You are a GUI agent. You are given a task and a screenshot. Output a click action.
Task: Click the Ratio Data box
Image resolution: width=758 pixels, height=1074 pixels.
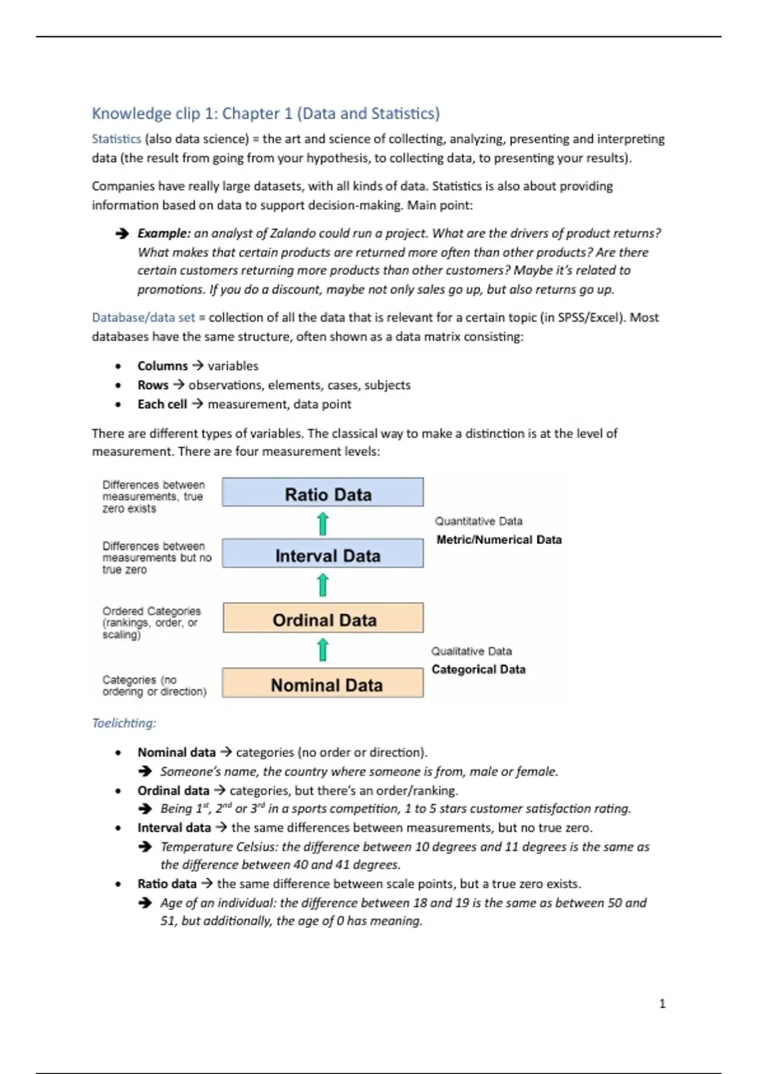[323, 493]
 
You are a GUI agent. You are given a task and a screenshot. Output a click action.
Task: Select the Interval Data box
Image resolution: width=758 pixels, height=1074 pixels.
[323, 554]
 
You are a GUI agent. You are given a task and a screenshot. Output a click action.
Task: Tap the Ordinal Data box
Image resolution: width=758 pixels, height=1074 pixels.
[323, 618]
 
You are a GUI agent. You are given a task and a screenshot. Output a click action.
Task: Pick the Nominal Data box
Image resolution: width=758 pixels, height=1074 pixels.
[323, 684]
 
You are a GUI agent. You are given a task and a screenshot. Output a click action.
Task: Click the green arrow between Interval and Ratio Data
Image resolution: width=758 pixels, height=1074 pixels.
[323, 524]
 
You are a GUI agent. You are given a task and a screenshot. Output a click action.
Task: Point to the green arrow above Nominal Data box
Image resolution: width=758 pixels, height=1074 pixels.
[323, 649]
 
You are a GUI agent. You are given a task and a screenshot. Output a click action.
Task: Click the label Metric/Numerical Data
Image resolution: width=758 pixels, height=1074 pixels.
[499, 540]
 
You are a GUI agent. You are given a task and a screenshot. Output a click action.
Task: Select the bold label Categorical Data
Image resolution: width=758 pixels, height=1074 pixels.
[478, 669]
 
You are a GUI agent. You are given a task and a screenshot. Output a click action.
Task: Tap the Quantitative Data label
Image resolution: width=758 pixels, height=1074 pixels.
[478, 521]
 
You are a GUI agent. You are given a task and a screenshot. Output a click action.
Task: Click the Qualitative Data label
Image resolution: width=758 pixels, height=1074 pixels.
[471, 651]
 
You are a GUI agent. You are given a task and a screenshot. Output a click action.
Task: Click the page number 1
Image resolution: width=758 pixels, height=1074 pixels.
[662, 1004]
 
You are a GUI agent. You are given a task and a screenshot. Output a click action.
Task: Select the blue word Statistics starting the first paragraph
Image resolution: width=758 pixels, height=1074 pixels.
[116, 139]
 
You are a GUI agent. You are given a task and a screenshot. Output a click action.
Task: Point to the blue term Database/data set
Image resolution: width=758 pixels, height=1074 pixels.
[143, 318]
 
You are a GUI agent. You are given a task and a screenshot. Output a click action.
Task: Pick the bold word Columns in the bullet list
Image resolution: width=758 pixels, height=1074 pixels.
[162, 366]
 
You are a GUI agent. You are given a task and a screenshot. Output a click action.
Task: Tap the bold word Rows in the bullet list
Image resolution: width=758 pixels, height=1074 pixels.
[153, 385]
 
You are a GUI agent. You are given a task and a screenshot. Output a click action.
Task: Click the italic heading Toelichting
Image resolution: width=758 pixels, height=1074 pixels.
[124, 723]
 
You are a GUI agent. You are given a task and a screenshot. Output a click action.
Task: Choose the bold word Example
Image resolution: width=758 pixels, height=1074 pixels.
[164, 233]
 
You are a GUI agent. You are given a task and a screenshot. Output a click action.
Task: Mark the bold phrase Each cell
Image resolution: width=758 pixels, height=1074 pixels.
[162, 404]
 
